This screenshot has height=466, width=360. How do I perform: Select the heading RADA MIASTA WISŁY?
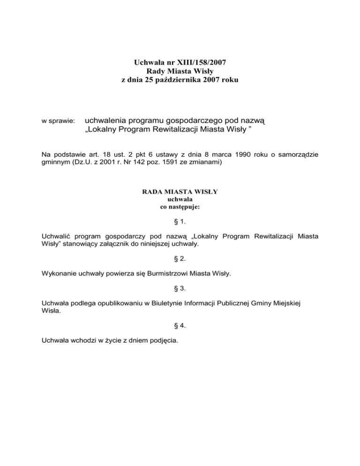180,192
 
